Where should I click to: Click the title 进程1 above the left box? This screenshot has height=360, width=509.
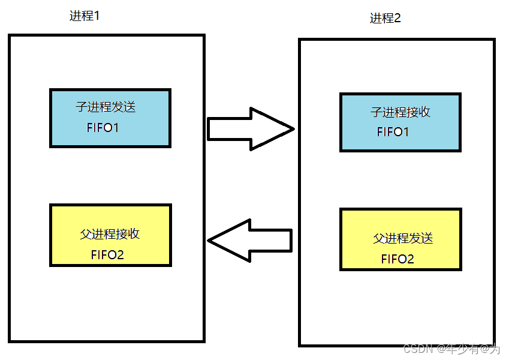tap(85, 16)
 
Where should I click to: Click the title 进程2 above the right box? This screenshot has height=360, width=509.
tap(385, 19)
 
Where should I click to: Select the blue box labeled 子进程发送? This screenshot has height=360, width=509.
tap(110, 118)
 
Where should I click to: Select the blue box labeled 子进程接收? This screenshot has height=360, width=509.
tap(400, 122)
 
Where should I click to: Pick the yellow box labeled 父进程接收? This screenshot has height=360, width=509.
tap(110, 235)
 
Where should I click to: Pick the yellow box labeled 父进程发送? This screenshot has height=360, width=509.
tap(400, 239)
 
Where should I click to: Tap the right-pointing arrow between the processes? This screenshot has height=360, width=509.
tap(249, 128)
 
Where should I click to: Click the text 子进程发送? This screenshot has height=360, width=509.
tap(106, 108)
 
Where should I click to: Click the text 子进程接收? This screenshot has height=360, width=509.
tap(400, 112)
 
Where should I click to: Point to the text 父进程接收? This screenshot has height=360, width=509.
tap(110, 234)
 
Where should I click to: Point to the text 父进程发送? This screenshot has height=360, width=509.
tap(403, 238)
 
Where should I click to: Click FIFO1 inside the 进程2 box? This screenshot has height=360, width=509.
tap(393, 132)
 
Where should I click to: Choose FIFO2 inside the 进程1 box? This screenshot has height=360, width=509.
tap(107, 254)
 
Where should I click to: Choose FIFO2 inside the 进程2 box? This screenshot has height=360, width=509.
tap(397, 259)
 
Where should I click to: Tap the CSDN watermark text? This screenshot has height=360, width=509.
tap(418, 349)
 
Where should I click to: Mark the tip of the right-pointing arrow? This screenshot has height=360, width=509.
tap(293, 128)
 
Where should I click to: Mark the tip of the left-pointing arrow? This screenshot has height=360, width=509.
tap(209, 240)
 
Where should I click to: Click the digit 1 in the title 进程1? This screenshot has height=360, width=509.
tap(96, 16)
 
